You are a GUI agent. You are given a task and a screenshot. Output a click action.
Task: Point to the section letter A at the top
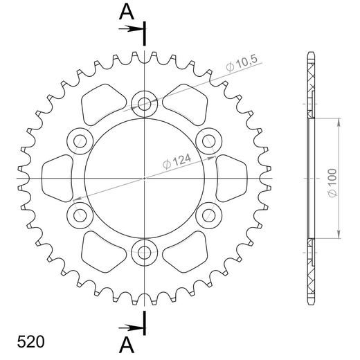pos(125,12)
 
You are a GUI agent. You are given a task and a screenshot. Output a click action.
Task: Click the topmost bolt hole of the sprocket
pos(144,105)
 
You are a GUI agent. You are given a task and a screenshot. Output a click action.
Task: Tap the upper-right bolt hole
pos(208,141)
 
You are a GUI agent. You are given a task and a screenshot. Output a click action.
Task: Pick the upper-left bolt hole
pos(81,141)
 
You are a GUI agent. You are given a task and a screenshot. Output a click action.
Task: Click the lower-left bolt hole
pos(81,214)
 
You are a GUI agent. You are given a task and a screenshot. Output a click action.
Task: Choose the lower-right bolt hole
pos(208,214)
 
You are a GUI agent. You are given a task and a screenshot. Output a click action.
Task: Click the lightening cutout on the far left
pos(59,178)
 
